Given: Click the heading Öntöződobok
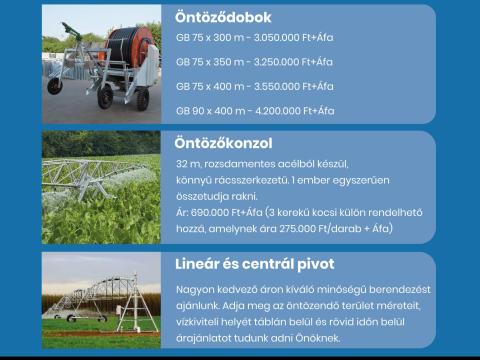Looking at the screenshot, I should point(222,17).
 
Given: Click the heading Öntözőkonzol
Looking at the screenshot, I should point(223,143).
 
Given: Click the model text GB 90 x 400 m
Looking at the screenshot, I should point(209,110).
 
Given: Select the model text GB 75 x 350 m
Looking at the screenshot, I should point(209,62).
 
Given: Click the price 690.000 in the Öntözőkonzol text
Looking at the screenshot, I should point(209,212).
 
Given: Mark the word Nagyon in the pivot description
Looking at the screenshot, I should point(194,288).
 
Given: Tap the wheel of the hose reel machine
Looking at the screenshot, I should point(105,97).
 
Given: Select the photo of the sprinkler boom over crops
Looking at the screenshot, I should point(101,187).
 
